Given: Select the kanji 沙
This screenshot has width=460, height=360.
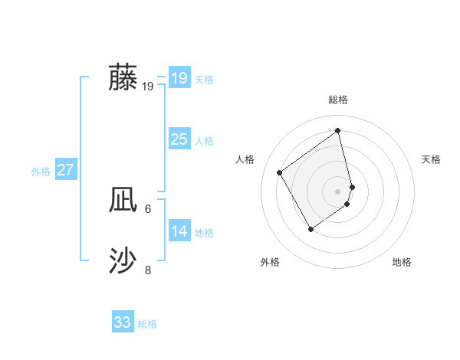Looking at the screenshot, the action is [123, 261].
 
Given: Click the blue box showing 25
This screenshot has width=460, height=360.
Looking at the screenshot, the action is [179, 139].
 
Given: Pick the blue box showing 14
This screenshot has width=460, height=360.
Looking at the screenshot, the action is [179, 231].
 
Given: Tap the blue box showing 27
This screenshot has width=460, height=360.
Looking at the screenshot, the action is [65, 170].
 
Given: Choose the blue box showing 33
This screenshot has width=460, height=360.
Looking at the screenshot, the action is [122, 322].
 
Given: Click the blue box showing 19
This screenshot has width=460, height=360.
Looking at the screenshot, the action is [179, 78].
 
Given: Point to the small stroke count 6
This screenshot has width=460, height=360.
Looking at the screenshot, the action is [148, 208].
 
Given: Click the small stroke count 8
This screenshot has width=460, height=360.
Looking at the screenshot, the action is [148, 270].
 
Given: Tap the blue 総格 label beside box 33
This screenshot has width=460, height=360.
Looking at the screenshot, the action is [147, 324].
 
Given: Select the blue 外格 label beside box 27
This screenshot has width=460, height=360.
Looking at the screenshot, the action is [41, 172].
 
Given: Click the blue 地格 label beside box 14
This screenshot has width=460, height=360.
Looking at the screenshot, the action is [204, 233].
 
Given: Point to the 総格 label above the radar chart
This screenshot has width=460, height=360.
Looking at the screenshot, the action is [338, 100].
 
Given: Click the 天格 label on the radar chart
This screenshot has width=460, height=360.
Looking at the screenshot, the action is [431, 159].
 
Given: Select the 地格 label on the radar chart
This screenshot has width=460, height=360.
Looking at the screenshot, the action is [402, 262].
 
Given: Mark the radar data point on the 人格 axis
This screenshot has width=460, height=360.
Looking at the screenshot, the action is [280, 172].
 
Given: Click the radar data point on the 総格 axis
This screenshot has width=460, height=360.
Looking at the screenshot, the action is [338, 130].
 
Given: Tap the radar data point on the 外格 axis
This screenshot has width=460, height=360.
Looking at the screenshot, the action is [311, 229].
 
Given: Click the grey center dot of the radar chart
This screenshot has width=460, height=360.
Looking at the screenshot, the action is [338, 191].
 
